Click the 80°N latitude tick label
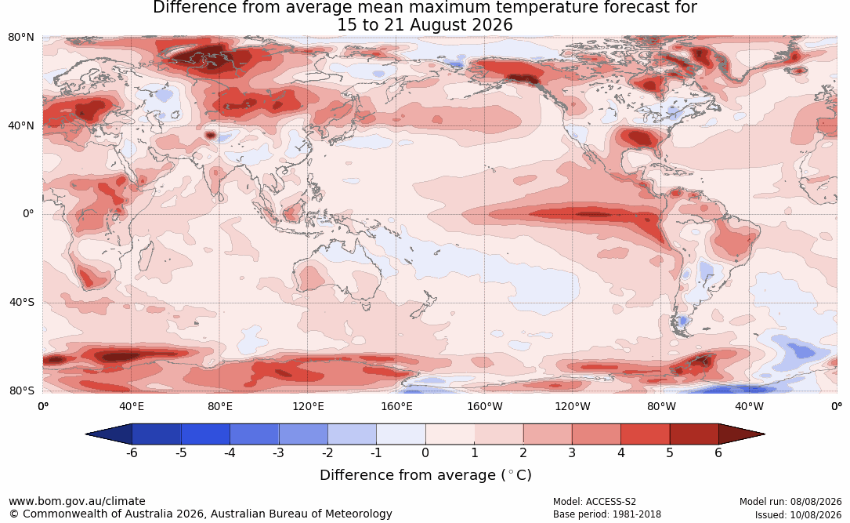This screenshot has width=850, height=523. coord(20,38)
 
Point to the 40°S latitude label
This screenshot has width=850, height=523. coord(22,302)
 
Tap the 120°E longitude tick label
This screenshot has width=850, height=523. coord(308,406)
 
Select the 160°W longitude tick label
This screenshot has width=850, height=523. coord(485,406)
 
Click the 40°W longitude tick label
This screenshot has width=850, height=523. coord(750,406)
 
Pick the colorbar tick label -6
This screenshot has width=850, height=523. coord(131,453)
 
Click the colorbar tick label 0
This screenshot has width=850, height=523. coord(425,453)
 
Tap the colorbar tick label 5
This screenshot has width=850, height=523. coord(670,453)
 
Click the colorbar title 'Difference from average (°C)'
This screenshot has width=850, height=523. coord(425,475)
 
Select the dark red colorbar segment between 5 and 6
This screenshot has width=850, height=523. coord(694,434)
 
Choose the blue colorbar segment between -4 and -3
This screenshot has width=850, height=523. coord(255,434)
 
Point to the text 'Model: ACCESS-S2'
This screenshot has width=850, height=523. coord(594,502)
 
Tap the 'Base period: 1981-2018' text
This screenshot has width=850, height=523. coord(607,514)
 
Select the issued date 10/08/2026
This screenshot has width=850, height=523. coord(816,514)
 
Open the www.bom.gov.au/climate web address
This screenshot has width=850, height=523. coord(77,501)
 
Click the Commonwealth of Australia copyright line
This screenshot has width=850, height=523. coord(200,514)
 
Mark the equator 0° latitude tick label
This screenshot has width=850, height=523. coord(28,214)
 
